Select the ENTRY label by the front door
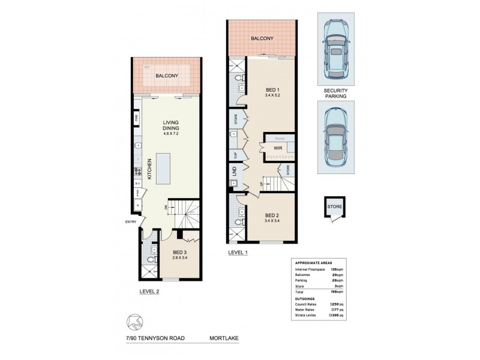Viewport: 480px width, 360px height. (x=130, y=221)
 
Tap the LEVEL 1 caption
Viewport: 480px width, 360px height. (x=239, y=253)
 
